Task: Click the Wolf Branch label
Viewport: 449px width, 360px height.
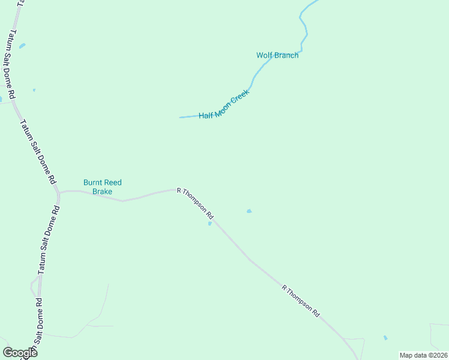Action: pos(277,55)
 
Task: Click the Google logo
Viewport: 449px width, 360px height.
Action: pos(20,352)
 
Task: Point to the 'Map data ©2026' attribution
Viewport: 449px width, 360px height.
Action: pos(424,355)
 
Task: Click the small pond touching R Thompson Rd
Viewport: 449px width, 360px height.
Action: pos(209,224)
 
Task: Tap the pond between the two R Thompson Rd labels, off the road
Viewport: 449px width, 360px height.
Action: pos(249,211)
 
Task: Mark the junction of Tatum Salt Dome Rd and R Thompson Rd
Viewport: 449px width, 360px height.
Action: pos(58,192)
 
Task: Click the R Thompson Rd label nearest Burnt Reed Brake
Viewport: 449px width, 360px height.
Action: pos(195,202)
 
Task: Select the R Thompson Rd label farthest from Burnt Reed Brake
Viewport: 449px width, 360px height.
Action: pos(301,301)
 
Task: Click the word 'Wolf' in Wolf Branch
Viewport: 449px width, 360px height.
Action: pos(265,55)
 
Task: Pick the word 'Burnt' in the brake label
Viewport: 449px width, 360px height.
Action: pos(92,182)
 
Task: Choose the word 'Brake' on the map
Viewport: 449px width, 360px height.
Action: pos(102,192)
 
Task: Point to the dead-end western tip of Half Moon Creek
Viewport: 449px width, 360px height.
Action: pos(180,117)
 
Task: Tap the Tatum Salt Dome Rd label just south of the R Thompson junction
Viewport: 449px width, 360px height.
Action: pos(48,240)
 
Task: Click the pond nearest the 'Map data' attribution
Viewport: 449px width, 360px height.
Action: pos(385,338)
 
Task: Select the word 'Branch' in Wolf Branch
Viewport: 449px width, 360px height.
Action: pos(286,55)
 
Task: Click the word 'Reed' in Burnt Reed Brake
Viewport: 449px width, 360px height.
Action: pos(112,182)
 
